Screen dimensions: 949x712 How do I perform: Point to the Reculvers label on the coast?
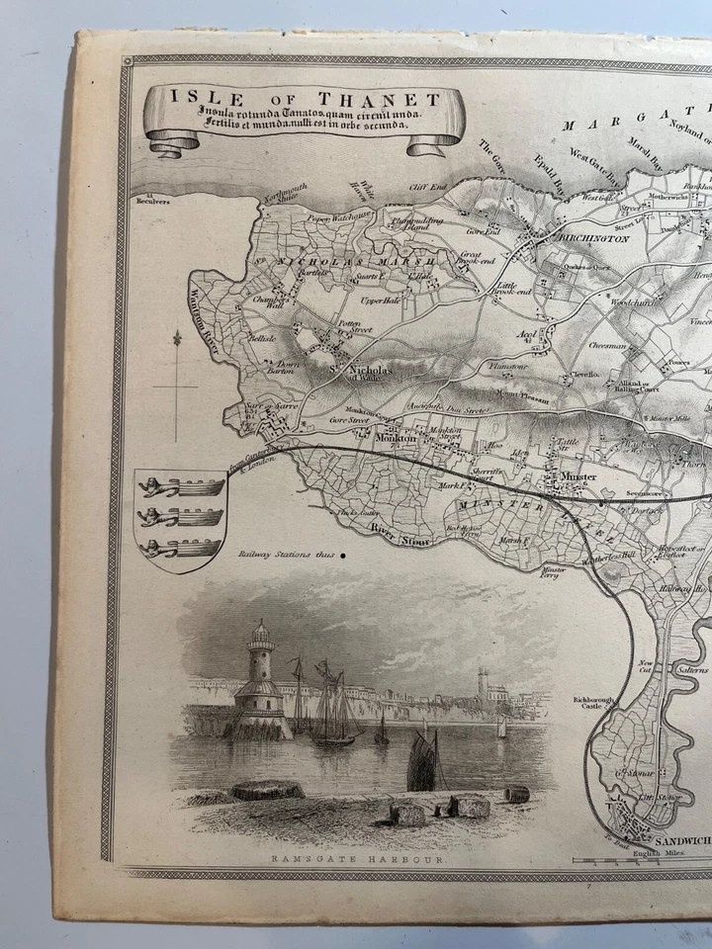155,200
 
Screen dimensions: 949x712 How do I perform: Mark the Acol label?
526,334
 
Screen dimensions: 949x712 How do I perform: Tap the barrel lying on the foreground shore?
514,794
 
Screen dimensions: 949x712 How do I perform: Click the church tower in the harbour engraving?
482,685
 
